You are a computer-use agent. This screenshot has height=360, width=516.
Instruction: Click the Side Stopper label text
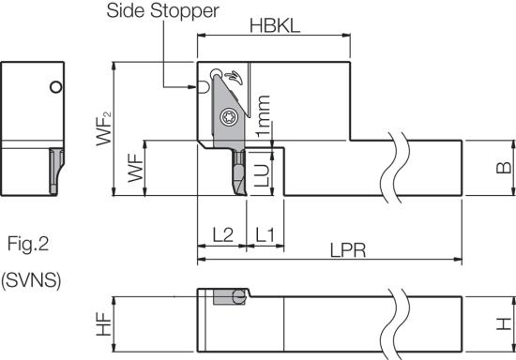(162, 10)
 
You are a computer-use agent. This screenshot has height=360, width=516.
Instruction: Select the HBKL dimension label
(275, 25)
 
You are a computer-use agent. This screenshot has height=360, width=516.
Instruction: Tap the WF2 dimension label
(103, 128)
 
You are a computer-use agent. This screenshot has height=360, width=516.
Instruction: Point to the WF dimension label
(135, 168)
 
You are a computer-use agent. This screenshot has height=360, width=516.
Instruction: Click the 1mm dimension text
(263, 116)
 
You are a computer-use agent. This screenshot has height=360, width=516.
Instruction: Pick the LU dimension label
(263, 175)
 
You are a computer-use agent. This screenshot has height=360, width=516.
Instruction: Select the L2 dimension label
(222, 234)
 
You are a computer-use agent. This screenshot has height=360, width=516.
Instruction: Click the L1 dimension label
(265, 234)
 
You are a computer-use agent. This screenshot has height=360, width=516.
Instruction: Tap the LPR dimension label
(348, 250)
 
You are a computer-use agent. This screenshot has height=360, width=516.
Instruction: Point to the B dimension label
(504, 168)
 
